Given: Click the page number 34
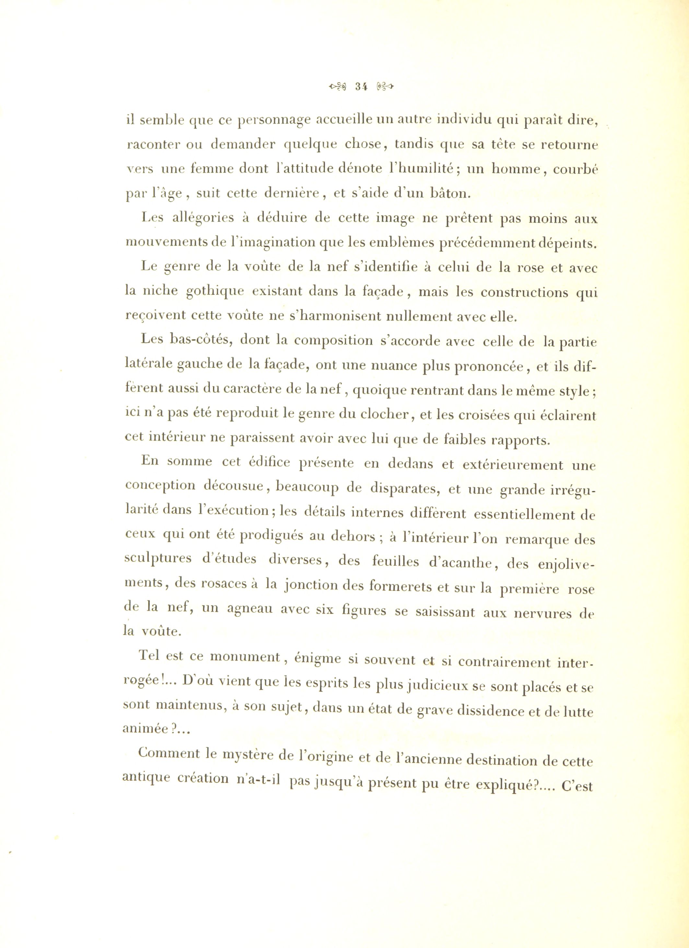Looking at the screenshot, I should coord(360,87).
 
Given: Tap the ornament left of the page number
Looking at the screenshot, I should coord(338,87).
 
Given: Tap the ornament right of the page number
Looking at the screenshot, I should coord(385,87).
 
